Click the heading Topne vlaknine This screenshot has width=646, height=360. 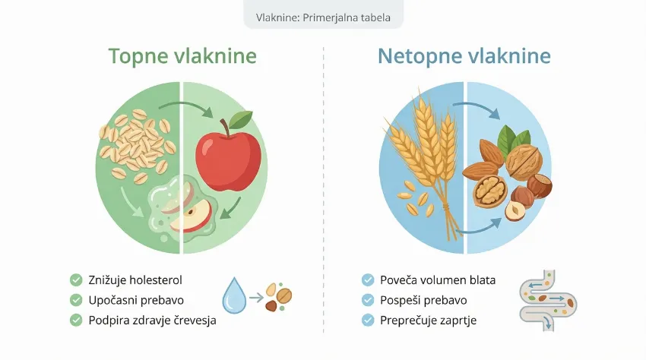(182, 57)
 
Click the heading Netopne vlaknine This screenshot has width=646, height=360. (464, 57)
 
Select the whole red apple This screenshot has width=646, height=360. (228, 156)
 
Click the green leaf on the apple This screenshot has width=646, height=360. (241, 119)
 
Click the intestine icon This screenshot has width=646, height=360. (545, 298)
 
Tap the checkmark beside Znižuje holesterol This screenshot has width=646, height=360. (76, 280)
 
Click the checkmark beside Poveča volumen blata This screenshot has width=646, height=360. (368, 280)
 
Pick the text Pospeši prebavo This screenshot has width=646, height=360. (423, 300)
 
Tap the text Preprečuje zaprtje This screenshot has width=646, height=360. (428, 321)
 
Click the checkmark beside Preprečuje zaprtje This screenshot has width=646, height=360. (368, 321)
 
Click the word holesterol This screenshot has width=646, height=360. (155, 280)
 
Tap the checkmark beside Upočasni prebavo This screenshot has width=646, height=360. (76, 300)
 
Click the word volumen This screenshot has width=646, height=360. (443, 280)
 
